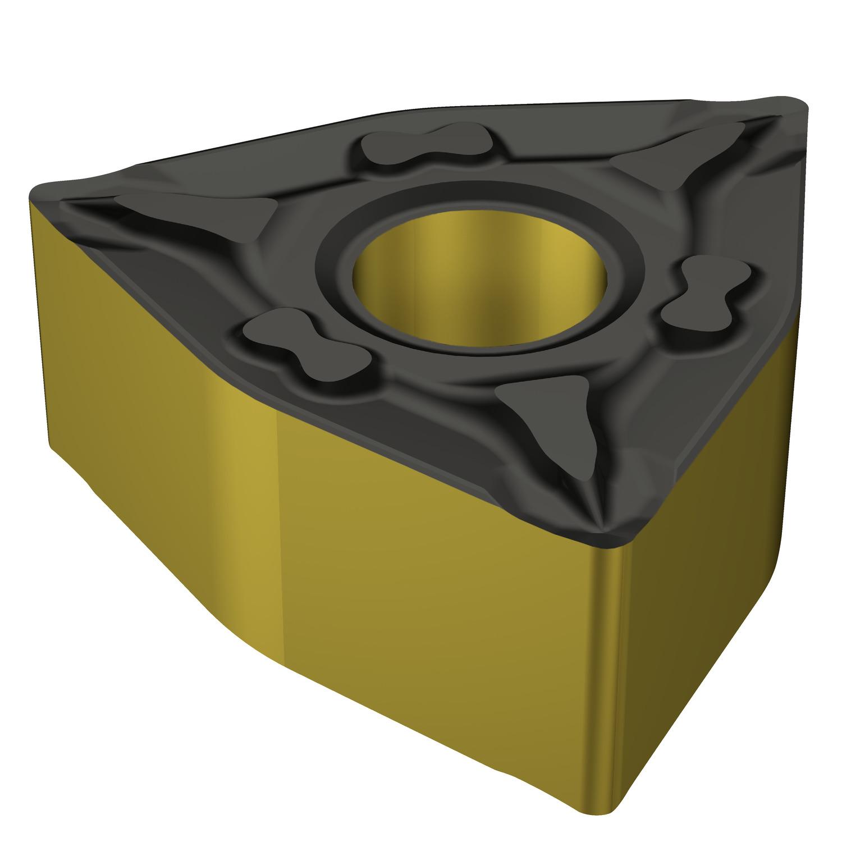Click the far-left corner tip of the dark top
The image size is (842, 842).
[x=42, y=194]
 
